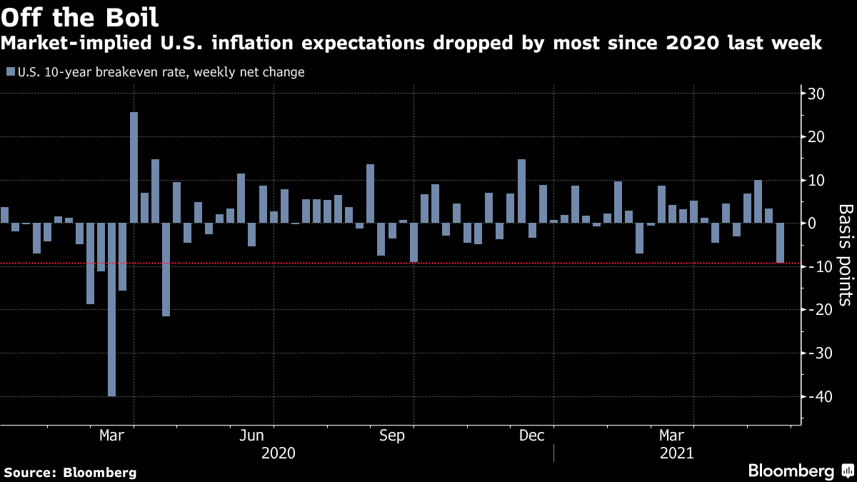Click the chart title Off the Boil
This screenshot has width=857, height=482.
pos(80,16)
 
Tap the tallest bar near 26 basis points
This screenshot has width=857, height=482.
pos(134,167)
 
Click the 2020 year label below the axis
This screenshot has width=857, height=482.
pos(279,453)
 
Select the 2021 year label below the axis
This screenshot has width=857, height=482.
pos(675,453)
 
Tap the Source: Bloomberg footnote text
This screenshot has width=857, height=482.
pos(70,472)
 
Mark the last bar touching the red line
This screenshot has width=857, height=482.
pos(781,243)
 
